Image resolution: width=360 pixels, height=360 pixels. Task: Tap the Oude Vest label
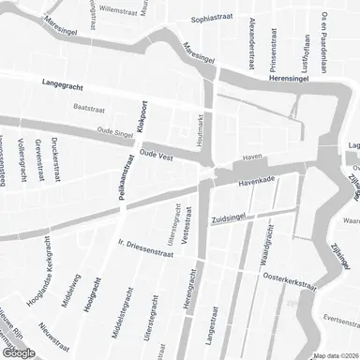pyautogui.click(x=158, y=153)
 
